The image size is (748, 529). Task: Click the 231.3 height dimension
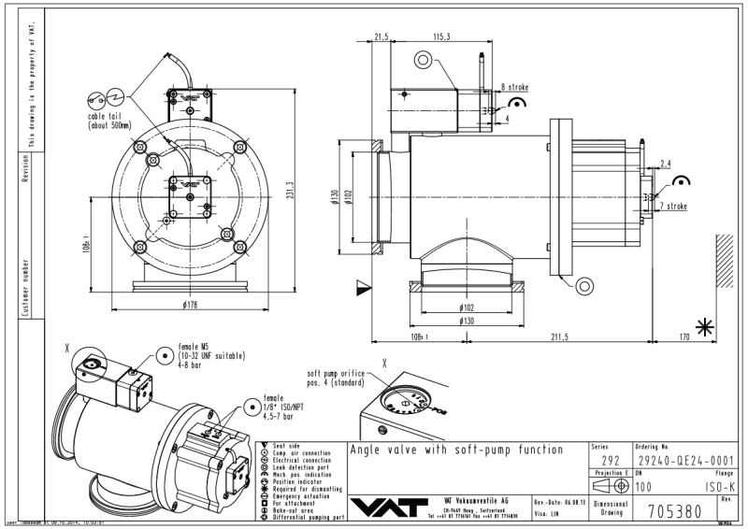pos(291,191)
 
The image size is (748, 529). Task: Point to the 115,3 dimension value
pos(442,36)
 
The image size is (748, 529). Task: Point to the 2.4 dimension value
pos(665,164)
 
